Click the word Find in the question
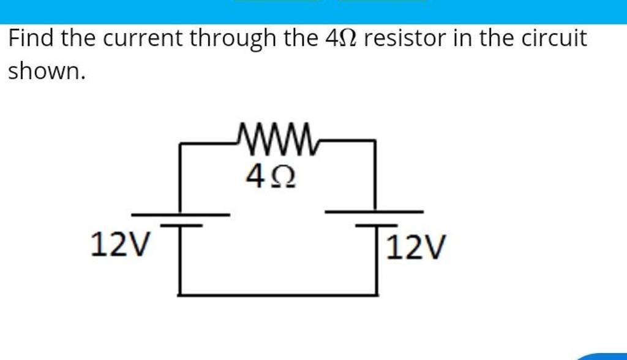click(31, 40)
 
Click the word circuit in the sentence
click(554, 40)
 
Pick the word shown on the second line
click(44, 72)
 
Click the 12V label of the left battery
click(119, 246)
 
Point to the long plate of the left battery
click(181, 215)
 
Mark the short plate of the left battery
click(181, 226)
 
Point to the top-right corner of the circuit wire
click(374, 141)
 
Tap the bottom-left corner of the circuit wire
click(181, 294)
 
